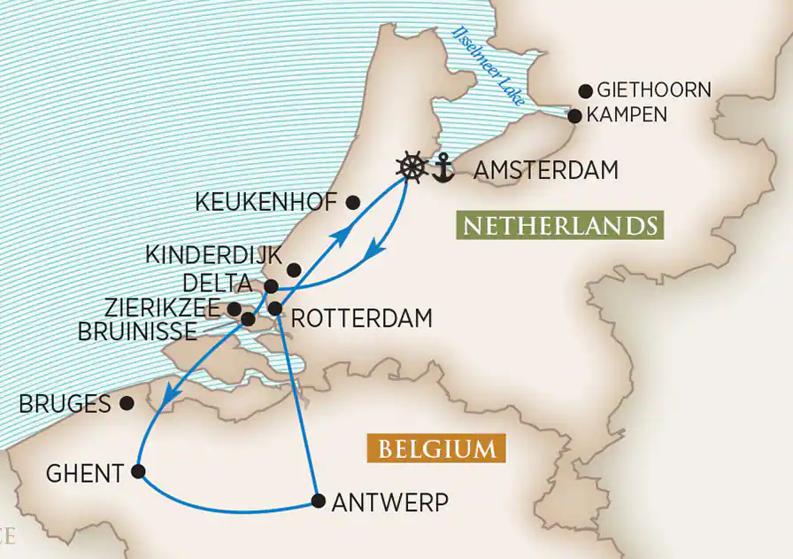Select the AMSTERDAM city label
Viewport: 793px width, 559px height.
pos(546,170)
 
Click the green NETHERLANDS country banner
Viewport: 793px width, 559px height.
pos(559,226)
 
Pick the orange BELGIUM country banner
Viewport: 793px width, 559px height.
pos(437,448)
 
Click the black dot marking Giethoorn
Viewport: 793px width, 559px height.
pos(585,90)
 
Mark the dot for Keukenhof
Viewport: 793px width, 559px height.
pos(353,202)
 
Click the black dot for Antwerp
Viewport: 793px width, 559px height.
pos(318,501)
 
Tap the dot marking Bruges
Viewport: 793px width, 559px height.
pos(127,403)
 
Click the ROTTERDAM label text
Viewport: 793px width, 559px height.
pos(361,317)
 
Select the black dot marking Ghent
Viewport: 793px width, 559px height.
pos(138,472)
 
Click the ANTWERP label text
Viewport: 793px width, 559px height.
pos(389,502)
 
